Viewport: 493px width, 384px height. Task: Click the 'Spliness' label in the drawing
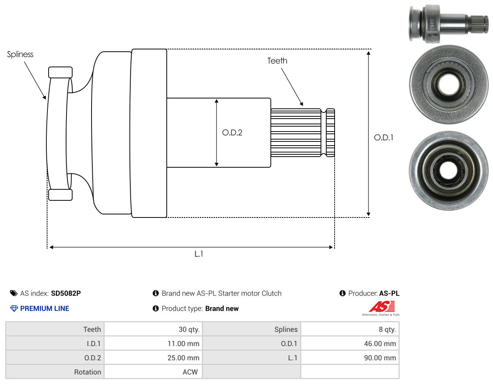tap(20, 54)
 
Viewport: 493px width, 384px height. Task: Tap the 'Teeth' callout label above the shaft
tap(277, 60)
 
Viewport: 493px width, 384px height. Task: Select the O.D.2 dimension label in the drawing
tap(232, 132)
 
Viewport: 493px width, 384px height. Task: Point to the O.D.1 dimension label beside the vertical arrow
tap(383, 137)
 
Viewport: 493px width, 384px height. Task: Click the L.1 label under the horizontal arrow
tap(199, 254)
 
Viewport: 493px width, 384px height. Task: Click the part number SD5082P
tap(66, 293)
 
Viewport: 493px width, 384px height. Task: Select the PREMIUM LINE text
tap(44, 308)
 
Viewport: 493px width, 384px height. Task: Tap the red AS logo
tap(382, 306)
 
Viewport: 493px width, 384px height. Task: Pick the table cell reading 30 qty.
tap(189, 329)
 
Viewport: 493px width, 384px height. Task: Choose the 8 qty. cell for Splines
tap(387, 329)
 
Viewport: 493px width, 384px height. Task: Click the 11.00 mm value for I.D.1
tap(183, 344)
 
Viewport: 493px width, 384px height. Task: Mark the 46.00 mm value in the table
tap(380, 344)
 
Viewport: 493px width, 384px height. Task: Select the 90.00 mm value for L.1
tap(380, 358)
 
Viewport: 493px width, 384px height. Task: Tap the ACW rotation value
tap(190, 372)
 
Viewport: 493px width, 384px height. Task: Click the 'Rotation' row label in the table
tap(88, 372)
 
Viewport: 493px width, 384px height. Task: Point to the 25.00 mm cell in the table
tap(183, 358)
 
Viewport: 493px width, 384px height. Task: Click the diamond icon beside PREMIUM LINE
tap(14, 308)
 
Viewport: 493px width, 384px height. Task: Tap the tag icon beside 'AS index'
tap(14, 293)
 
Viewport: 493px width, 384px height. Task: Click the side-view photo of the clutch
tap(448, 24)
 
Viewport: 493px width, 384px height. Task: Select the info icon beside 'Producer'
tap(342, 293)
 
